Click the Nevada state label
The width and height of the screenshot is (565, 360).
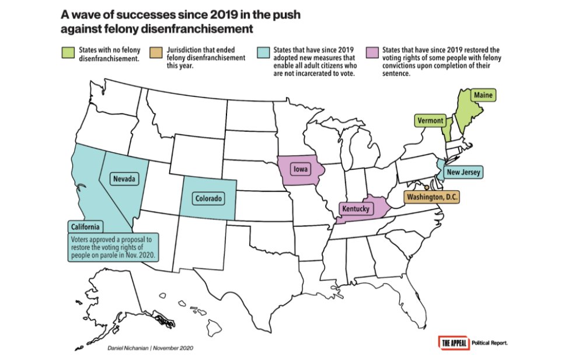click(124, 179)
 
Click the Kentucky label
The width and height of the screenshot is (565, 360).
click(357, 208)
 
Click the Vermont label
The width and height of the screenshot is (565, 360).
click(431, 121)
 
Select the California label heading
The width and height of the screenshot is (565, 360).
click(85, 227)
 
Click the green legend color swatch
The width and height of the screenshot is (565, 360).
click(69, 53)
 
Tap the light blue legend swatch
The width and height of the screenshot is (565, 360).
click(263, 53)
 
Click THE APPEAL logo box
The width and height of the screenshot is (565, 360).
click(453, 342)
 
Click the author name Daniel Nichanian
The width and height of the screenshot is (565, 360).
click(128, 348)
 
